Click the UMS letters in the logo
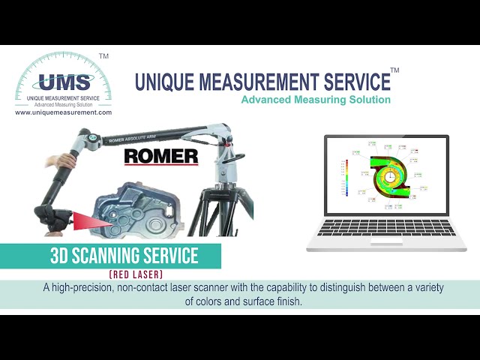[x=64, y=81]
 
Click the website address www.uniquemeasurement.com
[x=63, y=112]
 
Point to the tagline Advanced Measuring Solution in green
[x=316, y=100]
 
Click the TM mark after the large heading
[x=394, y=70]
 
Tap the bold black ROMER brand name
[x=160, y=157]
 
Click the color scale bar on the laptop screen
[x=347, y=178]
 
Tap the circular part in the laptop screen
[x=389, y=176]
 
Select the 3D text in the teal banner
[x=60, y=256]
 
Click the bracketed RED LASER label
[x=136, y=275]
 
